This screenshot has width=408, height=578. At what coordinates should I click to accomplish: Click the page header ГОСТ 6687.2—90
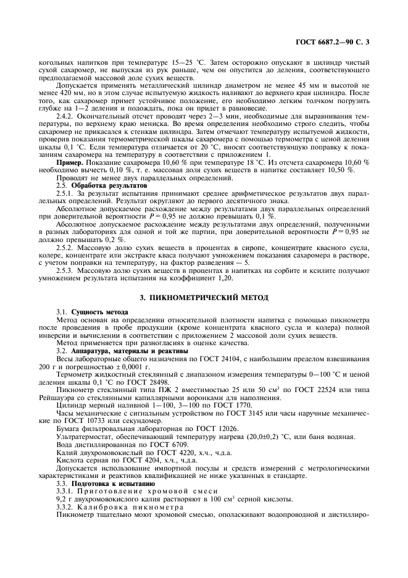pyautogui.click(x=328, y=43)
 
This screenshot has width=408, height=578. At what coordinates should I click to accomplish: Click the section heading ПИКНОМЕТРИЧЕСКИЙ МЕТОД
pyautogui.click(x=204, y=298)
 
